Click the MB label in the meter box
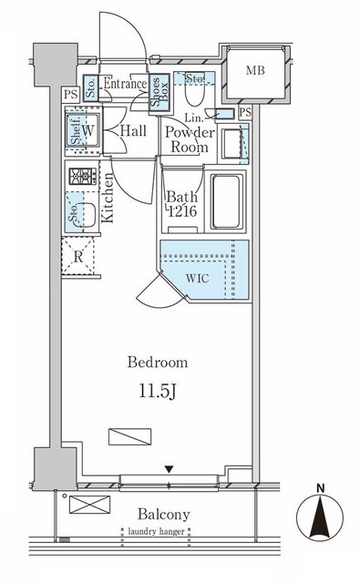coord(255,69)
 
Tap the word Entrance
coord(125,84)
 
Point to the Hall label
coord(137,130)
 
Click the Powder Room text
coord(189,139)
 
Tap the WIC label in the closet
coord(200,278)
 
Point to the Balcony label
coord(164,513)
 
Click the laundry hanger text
coord(165,530)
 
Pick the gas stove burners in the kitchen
coord(79,175)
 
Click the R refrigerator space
coord(78,256)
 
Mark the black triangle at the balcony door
coord(169,470)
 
